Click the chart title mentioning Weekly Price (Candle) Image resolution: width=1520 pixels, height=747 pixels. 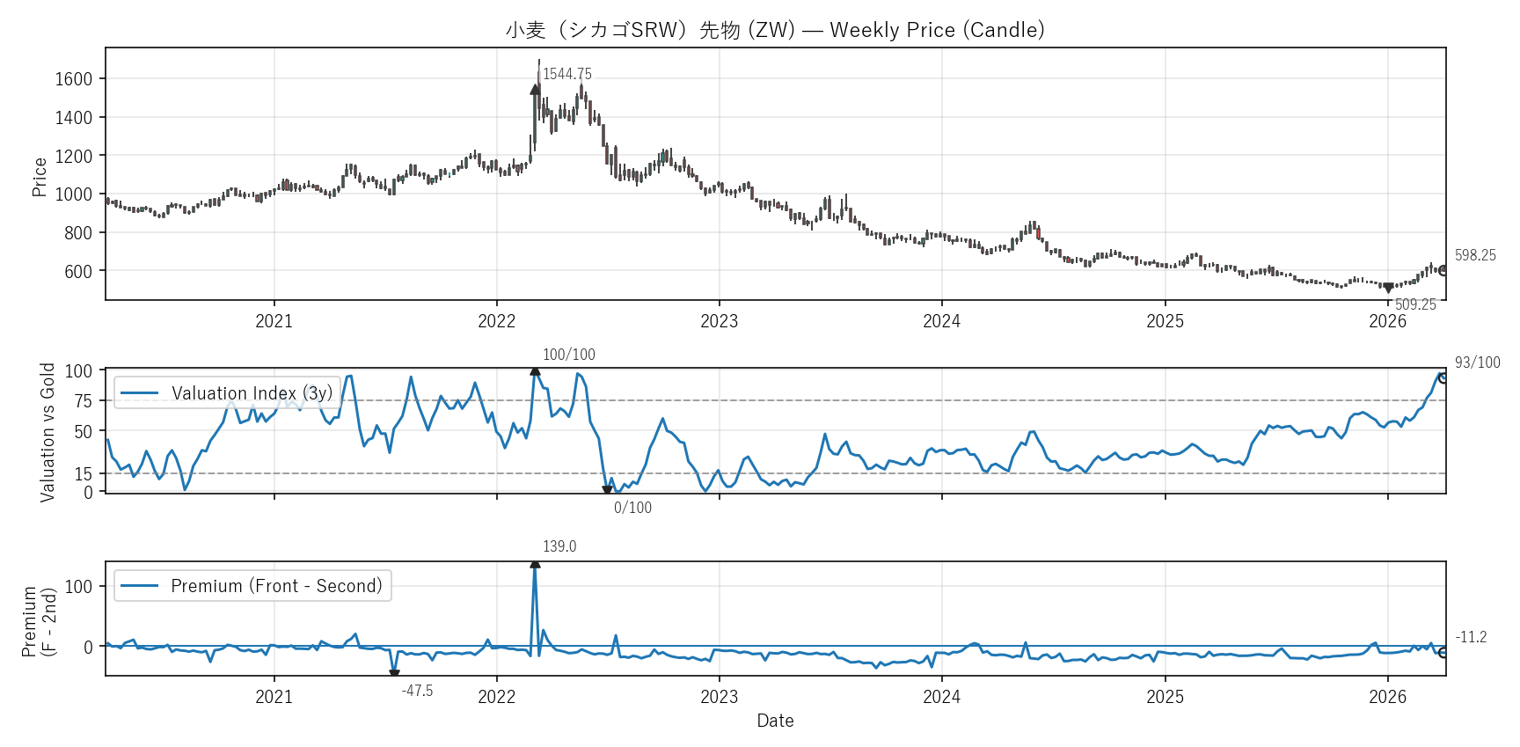[775, 30]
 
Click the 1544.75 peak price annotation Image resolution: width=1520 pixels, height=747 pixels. [567, 74]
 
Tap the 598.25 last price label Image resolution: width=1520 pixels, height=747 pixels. [1475, 255]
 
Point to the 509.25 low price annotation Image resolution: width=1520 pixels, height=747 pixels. [1415, 304]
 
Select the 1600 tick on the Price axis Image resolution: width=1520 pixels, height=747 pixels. [74, 79]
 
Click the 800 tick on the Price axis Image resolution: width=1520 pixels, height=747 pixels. [78, 233]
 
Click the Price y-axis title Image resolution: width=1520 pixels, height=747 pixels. [40, 177]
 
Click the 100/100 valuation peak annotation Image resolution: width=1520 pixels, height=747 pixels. [568, 355]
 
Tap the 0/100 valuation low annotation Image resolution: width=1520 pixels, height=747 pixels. [632, 508]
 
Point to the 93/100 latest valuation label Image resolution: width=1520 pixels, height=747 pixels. [1478, 363]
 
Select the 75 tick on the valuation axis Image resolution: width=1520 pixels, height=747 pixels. [84, 401]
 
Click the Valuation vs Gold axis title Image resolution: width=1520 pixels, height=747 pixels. [47, 432]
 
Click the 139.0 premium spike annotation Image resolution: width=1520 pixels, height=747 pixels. [559, 546]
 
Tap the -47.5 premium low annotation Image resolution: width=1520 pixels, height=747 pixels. [417, 692]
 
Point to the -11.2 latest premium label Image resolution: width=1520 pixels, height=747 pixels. [1471, 637]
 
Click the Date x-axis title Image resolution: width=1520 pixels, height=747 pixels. [775, 721]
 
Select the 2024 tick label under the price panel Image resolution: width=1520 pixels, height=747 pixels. [941, 321]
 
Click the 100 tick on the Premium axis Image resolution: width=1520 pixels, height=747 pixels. [79, 587]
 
